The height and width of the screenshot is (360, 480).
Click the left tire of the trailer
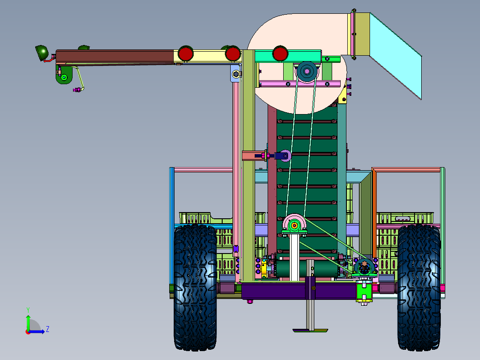(195, 287)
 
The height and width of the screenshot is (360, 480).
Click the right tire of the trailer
(419, 287)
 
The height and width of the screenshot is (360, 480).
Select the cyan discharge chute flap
(395, 56)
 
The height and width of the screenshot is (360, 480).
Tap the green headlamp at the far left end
(42, 53)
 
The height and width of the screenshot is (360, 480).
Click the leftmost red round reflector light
(186, 54)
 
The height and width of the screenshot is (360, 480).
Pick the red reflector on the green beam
(280, 53)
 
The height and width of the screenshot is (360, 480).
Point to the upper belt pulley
(307, 72)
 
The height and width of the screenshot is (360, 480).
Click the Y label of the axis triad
(28, 310)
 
